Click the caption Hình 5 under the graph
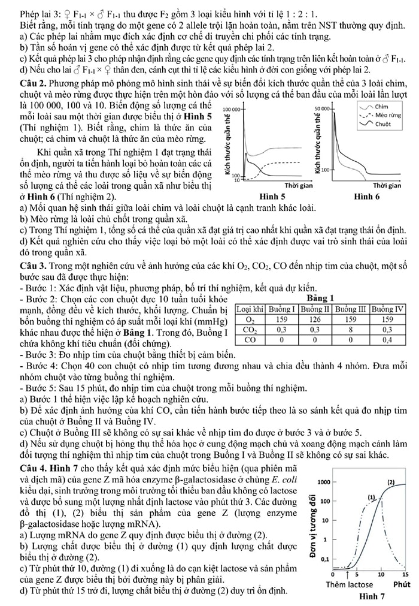tap(275, 196)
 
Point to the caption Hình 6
tap(367, 196)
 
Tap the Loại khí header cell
tap(250, 309)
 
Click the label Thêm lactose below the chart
tap(350, 584)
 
